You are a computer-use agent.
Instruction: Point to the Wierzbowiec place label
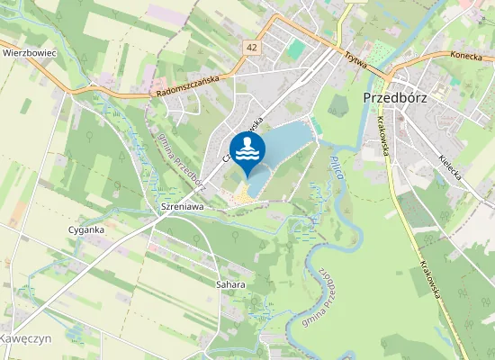point(30,53)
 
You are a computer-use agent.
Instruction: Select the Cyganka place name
point(86,229)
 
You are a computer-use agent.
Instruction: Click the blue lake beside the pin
point(286,144)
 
